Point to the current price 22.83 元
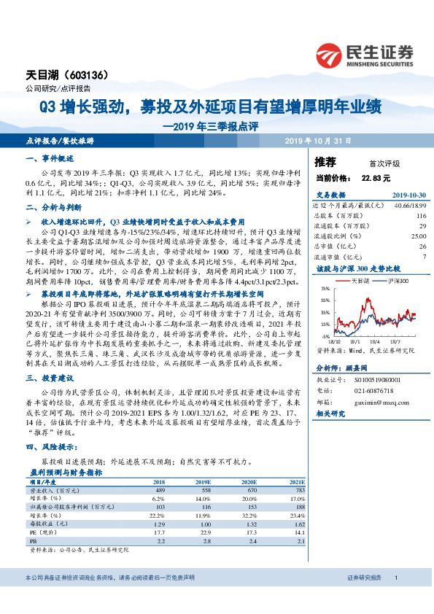pos(376,177)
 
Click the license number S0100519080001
pos(382,371)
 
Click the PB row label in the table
pos(31,542)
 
